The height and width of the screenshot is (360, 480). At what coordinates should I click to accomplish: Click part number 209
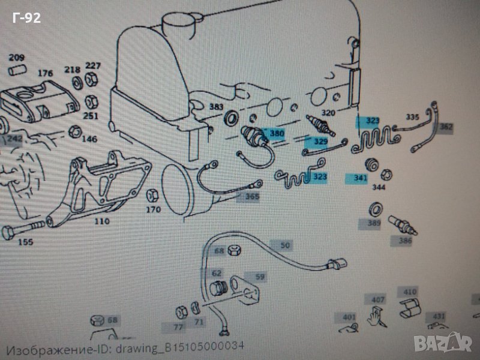coord(16,58)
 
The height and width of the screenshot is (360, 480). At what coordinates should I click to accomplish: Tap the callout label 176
coord(45,74)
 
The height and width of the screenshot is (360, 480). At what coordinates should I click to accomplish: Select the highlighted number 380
coord(277,133)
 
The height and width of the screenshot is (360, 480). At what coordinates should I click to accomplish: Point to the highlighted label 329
coord(321,142)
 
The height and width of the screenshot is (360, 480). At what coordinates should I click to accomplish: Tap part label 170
coord(154,210)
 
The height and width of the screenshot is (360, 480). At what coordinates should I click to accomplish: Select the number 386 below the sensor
coord(405,241)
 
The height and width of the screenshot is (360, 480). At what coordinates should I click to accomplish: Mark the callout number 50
coord(285,245)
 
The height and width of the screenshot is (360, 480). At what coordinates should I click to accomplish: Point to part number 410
coord(410,292)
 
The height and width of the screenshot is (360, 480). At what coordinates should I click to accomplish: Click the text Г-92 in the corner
coord(26,19)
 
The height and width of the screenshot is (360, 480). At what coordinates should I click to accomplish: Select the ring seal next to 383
coord(231,119)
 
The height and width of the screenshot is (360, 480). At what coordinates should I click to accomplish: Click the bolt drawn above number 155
coord(20,230)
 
